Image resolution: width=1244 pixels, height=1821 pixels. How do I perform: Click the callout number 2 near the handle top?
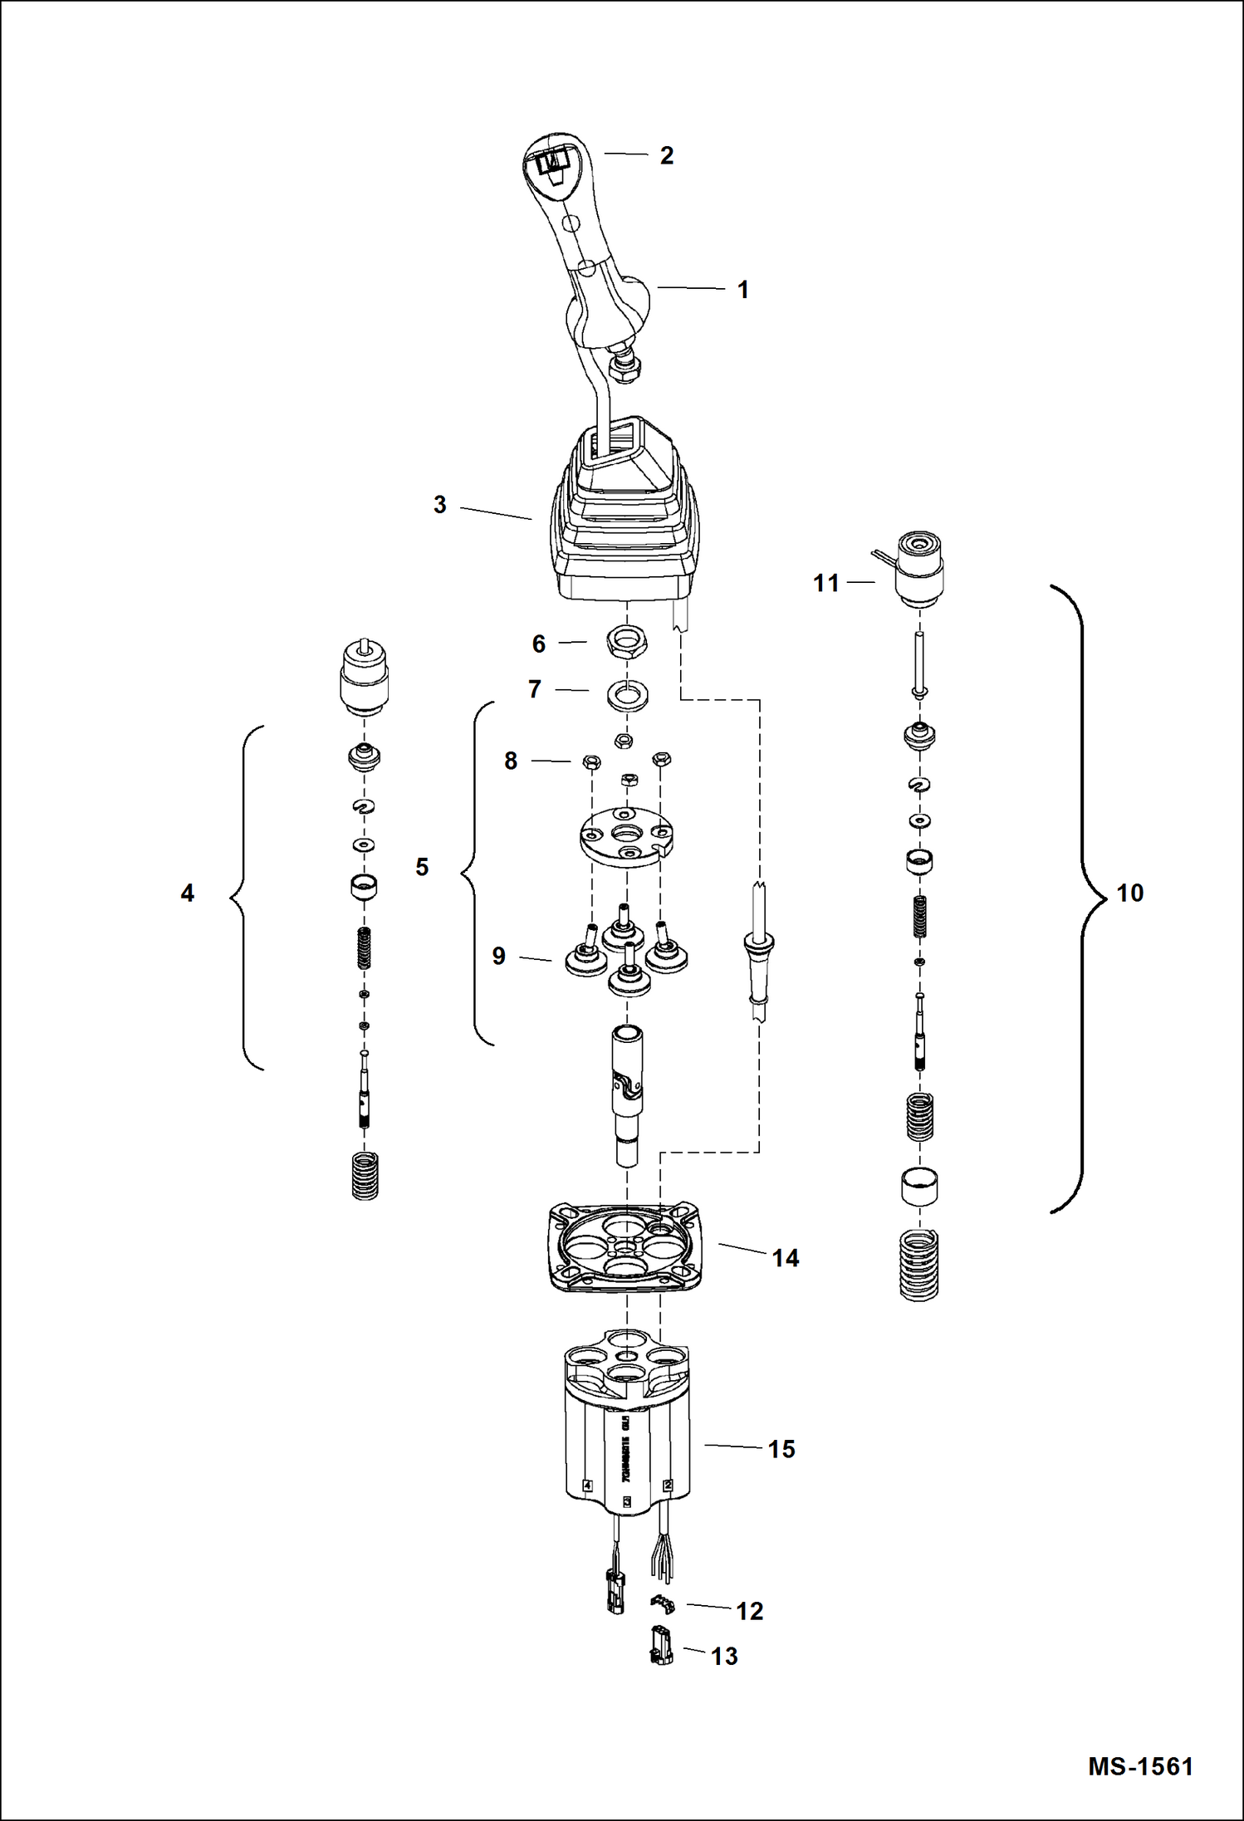(666, 155)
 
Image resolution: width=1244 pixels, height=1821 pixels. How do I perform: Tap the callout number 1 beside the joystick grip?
(742, 290)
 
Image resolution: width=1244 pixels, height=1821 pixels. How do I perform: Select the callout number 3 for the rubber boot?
(439, 505)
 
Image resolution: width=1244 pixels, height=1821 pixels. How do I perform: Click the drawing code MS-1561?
(1140, 1766)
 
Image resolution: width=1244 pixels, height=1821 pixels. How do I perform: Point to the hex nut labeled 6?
(627, 642)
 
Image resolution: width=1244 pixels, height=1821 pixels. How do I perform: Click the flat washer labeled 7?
(628, 696)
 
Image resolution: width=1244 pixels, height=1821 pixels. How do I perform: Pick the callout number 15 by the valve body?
(781, 1450)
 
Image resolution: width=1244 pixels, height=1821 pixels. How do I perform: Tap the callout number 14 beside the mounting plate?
(785, 1259)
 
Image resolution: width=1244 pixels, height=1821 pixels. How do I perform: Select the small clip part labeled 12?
(663, 1605)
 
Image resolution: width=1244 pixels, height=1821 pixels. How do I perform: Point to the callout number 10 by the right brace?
(1129, 893)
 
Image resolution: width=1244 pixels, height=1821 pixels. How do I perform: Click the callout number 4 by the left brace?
(188, 893)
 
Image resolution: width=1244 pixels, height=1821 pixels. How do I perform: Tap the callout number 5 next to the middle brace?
(422, 868)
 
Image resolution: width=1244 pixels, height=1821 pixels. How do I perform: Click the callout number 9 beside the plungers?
(498, 956)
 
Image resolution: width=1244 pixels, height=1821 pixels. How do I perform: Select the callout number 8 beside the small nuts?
(511, 761)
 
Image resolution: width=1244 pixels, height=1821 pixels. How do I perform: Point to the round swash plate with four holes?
(626, 836)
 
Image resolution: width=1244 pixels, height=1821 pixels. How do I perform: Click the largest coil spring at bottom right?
(919, 1264)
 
